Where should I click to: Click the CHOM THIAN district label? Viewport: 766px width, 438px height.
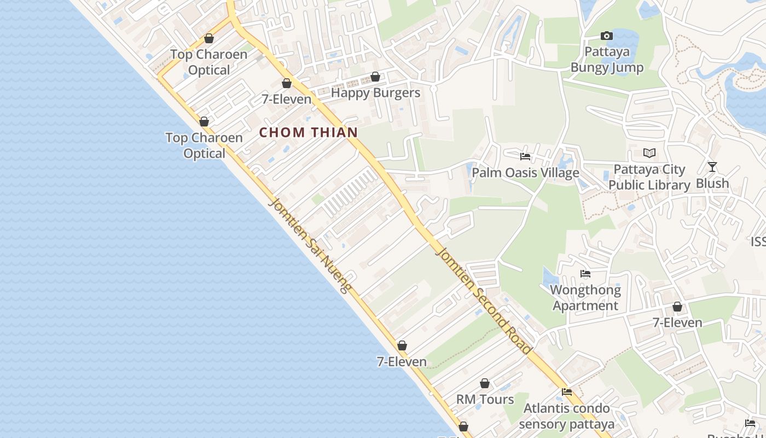[x=308, y=132]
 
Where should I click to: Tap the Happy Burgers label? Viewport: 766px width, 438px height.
[x=375, y=93]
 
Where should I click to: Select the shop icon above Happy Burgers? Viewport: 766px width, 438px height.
[x=375, y=77]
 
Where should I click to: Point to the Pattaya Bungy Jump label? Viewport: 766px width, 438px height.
[x=607, y=60]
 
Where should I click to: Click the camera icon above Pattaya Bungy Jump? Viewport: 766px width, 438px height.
[x=606, y=36]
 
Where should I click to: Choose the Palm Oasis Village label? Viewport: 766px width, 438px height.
[x=525, y=173]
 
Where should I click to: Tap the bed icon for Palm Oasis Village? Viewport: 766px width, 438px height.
[x=525, y=157]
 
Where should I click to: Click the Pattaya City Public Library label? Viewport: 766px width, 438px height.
[x=649, y=177]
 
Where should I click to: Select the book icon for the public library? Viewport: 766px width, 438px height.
[x=649, y=153]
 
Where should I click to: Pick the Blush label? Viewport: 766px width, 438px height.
[x=712, y=183]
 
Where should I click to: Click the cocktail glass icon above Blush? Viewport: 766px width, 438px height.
[x=712, y=167]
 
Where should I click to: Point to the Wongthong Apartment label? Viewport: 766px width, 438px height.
[x=585, y=297]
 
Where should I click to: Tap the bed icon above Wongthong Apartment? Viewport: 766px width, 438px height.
[x=585, y=274]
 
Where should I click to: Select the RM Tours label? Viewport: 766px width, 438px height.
[x=485, y=399]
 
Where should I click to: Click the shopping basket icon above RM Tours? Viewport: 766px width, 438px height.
[x=485, y=383]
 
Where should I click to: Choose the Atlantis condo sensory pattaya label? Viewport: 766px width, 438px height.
[x=566, y=416]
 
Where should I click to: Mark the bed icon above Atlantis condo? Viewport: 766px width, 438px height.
[x=567, y=392]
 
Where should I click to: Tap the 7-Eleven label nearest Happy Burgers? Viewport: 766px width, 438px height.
[x=286, y=99]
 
